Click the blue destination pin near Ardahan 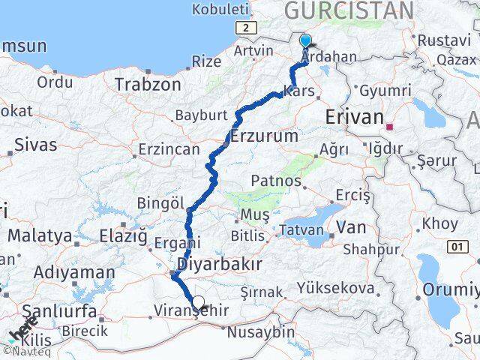[305, 41]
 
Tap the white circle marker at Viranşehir [198, 303]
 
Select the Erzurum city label [265, 136]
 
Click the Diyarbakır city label [218, 264]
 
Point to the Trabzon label [148, 84]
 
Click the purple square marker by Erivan [389, 127]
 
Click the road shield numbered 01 [456, 246]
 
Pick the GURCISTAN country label [349, 10]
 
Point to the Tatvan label [304, 229]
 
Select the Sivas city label [35, 144]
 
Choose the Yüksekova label [335, 288]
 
